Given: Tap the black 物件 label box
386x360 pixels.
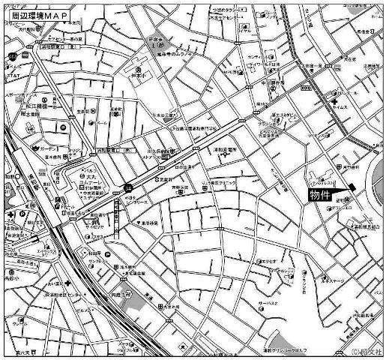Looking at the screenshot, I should [x=323, y=195].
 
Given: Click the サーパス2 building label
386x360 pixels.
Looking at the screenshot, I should [x=289, y=305].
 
